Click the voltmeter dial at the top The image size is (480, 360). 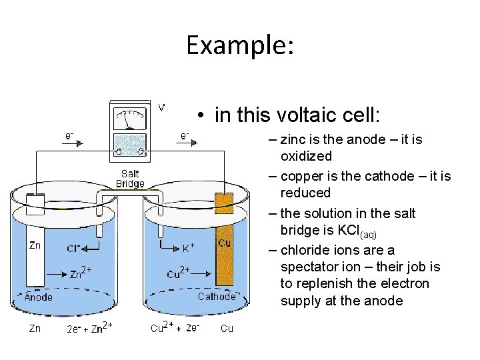130,118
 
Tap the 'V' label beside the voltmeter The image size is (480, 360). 162,107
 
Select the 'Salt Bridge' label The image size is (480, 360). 130,179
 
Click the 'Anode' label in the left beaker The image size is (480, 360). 38,297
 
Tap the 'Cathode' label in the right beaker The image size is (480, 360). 217,297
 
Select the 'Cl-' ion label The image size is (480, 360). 74,248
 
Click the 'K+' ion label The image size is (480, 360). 189,248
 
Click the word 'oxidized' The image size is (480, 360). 306,156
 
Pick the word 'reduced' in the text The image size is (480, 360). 305,193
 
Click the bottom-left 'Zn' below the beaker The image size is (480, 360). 34,328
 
